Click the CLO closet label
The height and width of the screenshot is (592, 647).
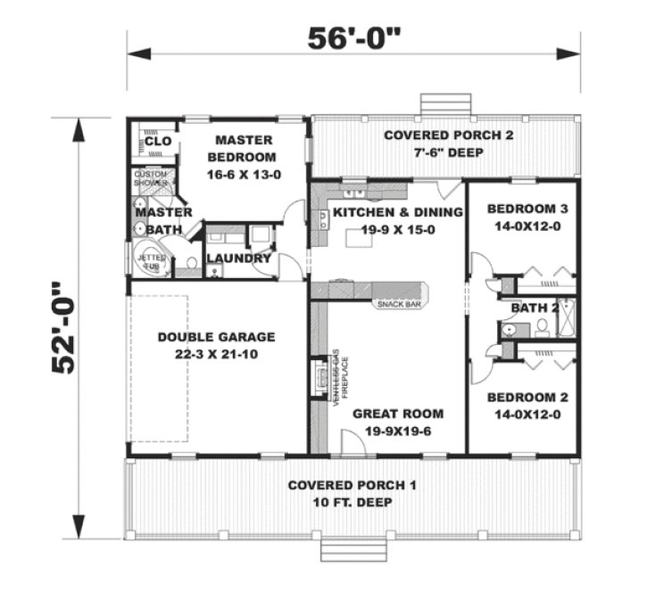click(158, 141)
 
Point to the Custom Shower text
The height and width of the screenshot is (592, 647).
click(151, 177)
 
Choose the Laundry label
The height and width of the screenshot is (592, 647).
click(238, 259)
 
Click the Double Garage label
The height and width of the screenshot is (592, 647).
click(216, 337)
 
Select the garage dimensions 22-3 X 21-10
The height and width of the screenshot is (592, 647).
click(216, 354)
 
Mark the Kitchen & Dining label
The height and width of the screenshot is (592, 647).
click(397, 212)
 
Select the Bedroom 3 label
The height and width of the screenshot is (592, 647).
click(521, 210)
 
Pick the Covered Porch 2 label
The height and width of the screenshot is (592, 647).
click(435, 136)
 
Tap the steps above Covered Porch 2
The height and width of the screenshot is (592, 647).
click(438, 104)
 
